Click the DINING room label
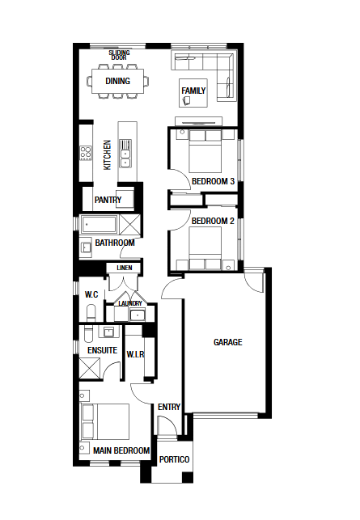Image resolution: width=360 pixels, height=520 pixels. pos(117,81)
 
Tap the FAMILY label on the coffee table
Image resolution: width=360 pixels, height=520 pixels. pos(193,91)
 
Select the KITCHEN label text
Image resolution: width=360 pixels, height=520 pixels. pos(107,155)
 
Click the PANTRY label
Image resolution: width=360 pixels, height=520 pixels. pos(108,200)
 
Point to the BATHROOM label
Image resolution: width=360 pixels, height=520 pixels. pos(115,243)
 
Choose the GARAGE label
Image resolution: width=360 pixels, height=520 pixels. pos(228,342)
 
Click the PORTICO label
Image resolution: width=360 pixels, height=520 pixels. pos(174,459)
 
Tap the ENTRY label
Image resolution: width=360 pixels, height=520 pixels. pos(169,407)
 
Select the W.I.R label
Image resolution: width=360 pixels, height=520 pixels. pos(135,354)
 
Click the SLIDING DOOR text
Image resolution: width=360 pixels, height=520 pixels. pos(119,55)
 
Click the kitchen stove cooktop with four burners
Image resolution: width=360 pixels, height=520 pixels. pos(86,153)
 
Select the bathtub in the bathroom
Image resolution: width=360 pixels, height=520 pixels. pos(99,225)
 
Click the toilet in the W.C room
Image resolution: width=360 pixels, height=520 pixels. pos(91,314)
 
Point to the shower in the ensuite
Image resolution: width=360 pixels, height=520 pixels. pos(89,369)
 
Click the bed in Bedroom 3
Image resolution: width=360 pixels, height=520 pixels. pos(205,151)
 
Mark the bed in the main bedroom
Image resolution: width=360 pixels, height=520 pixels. pos(105,421)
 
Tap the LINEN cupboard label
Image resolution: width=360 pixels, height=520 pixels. pos(125,268)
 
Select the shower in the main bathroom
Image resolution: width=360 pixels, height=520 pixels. pos(129,225)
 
